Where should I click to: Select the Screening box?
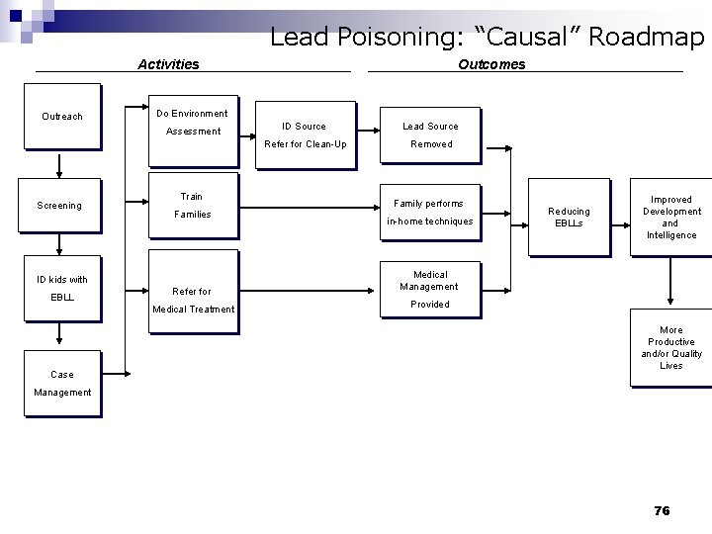click(x=59, y=206)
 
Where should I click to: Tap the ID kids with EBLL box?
click(x=62, y=289)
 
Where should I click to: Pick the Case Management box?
click(x=62, y=383)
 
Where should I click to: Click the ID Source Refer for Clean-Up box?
click(x=305, y=135)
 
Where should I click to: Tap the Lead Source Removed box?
click(x=430, y=135)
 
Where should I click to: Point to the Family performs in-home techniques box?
click(x=430, y=211)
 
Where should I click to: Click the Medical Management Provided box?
click(x=430, y=290)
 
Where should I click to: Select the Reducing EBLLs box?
click(x=569, y=218)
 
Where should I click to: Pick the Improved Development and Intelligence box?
click(x=670, y=218)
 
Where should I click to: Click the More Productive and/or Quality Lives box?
click(x=670, y=348)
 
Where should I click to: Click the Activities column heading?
click(x=168, y=64)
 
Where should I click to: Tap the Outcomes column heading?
click(x=491, y=64)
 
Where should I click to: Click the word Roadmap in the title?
click(x=646, y=38)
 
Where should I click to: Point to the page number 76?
click(x=662, y=510)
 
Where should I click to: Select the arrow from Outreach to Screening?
click(x=60, y=164)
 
